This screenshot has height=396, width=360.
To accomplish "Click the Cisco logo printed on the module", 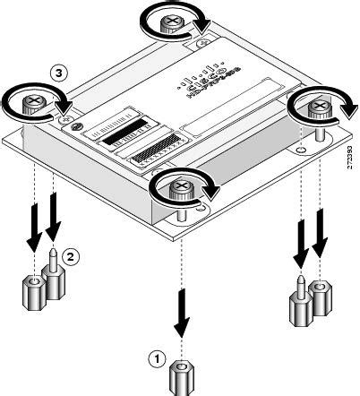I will [x=204, y=88].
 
